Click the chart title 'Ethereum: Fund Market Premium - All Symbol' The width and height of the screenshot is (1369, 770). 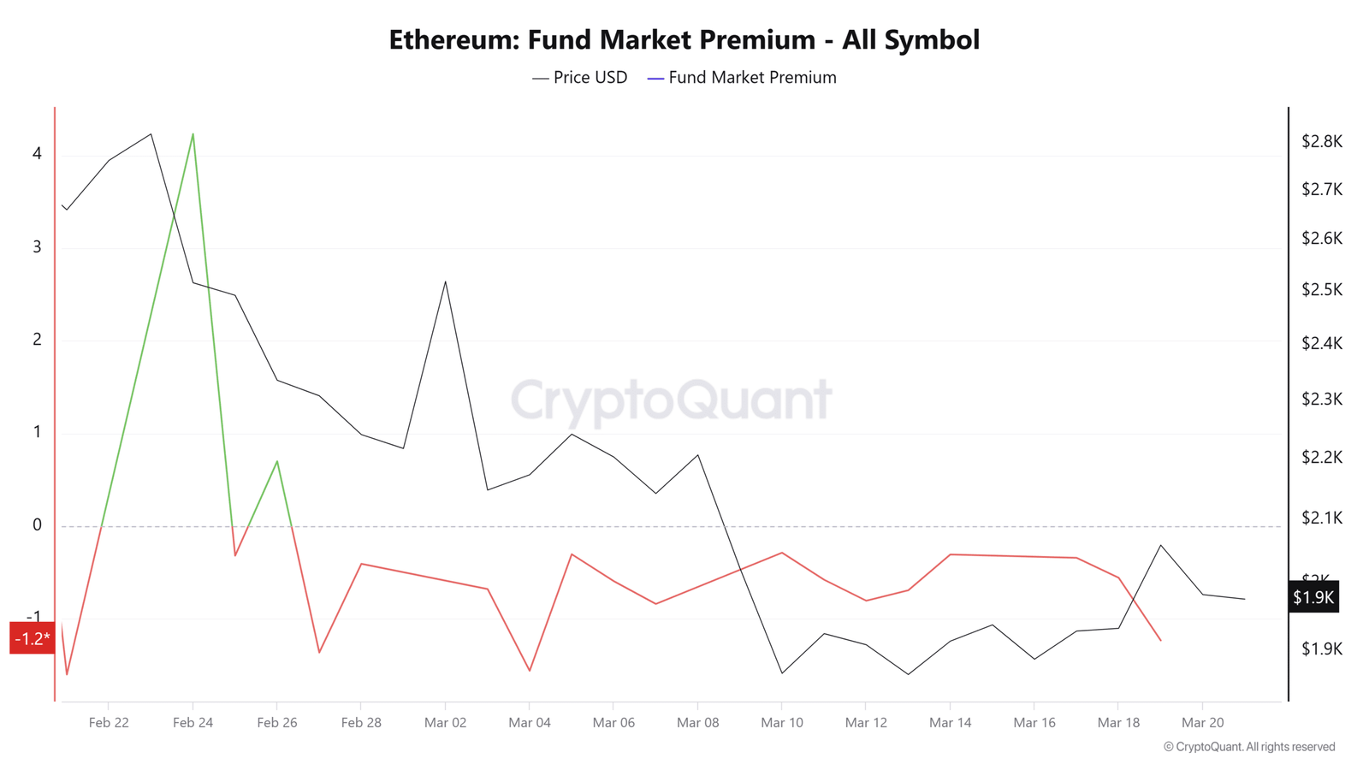[x=684, y=40]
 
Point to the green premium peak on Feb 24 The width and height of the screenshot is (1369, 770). [x=193, y=134]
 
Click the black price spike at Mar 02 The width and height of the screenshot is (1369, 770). [x=445, y=281]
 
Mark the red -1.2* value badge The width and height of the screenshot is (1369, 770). [x=32, y=638]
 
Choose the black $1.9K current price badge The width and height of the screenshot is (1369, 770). [x=1313, y=597]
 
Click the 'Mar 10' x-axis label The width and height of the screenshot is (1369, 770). [x=781, y=723]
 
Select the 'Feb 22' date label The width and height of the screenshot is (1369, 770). [x=109, y=723]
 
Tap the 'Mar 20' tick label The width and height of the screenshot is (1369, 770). [x=1202, y=723]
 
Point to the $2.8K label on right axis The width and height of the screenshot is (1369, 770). [x=1321, y=142]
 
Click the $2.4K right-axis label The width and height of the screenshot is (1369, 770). [x=1321, y=344]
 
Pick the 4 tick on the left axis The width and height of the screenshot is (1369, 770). [x=37, y=154]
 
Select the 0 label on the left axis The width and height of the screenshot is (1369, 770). [x=37, y=525]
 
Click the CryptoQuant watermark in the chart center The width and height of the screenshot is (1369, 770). [x=671, y=400]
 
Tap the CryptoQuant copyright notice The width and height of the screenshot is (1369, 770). [x=1248, y=747]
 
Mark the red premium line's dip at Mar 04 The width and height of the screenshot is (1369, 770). [x=530, y=670]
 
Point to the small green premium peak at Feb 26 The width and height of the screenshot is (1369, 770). [x=276, y=462]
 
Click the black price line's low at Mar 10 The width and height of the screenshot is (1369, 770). [x=781, y=672]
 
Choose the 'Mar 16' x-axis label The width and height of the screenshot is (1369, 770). [x=1034, y=723]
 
